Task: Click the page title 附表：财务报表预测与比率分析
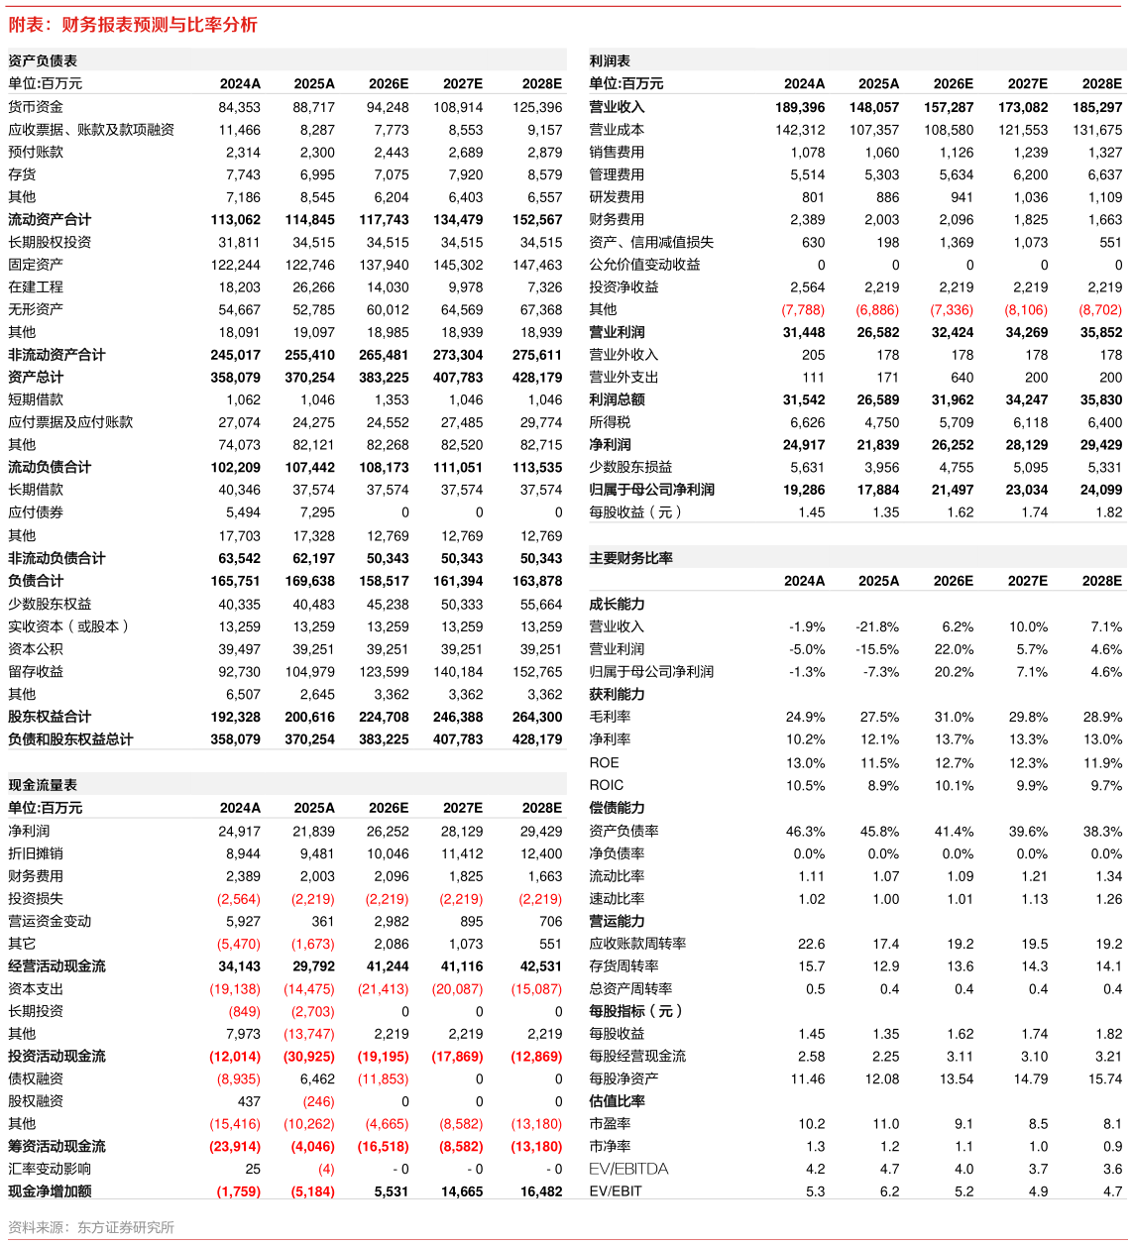(x=132, y=24)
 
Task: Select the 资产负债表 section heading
(x=43, y=60)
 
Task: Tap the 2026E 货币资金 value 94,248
(x=388, y=107)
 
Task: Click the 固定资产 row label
(x=36, y=265)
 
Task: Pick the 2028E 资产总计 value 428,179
(x=537, y=378)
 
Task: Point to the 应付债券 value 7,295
(x=313, y=512)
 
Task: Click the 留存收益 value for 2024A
(x=239, y=671)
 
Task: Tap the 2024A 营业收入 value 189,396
(x=800, y=107)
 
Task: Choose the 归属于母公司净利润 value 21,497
(x=953, y=490)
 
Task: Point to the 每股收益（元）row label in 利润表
(x=635, y=512)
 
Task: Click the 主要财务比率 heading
(x=630, y=558)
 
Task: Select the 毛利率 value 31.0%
(x=954, y=717)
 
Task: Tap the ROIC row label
(x=606, y=785)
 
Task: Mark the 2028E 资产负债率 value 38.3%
(x=1102, y=831)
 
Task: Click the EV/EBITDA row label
(x=628, y=1169)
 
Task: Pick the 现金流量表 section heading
(x=43, y=785)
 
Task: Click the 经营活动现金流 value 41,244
(x=388, y=966)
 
